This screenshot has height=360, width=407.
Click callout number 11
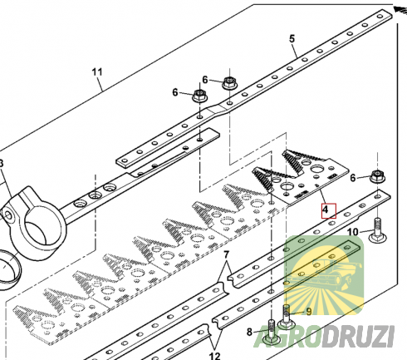(x=97, y=72)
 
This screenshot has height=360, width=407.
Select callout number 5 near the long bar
(x=292, y=39)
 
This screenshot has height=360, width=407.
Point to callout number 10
(x=352, y=232)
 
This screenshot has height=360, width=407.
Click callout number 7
(x=226, y=254)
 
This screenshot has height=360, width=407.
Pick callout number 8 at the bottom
(x=249, y=332)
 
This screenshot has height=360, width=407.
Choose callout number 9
(x=308, y=312)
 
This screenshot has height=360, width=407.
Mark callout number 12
(x=214, y=356)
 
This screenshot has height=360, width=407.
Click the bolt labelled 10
(x=378, y=233)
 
